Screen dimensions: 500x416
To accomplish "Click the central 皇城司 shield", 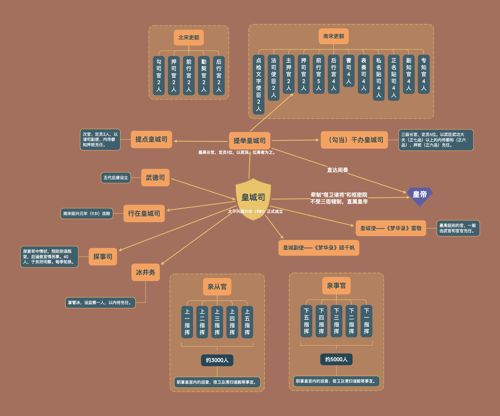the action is click(253, 199).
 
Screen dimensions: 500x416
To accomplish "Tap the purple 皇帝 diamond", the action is click(420, 196).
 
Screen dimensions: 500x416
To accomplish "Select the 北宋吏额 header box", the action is click(189, 37).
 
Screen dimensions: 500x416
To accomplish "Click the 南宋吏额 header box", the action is click(334, 36).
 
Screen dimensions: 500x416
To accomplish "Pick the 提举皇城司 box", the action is click(250, 141).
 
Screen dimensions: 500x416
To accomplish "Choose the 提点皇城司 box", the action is click(151, 139).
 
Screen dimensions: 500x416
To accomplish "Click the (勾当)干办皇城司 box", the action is click(354, 140).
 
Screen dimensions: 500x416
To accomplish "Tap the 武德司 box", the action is click(155, 178).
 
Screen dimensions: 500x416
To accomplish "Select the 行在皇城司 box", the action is click(144, 213).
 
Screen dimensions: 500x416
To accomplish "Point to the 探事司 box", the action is click(103, 257).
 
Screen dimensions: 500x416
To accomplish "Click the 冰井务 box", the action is click(146, 272).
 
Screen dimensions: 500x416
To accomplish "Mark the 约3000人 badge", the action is click(217, 360).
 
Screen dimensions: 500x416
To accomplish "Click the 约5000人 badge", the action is click(336, 359).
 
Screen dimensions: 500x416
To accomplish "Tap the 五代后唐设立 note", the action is click(116, 178).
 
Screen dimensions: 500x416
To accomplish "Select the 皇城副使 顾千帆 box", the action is click(319, 248).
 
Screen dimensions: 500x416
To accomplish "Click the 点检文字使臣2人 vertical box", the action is click(258, 85).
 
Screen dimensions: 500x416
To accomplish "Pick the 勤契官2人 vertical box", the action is click(204, 76).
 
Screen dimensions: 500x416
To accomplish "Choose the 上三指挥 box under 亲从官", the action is click(217, 322).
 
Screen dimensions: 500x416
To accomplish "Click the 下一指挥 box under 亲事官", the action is click(366, 321).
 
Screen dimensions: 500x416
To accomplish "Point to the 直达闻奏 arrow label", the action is click(337, 170).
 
